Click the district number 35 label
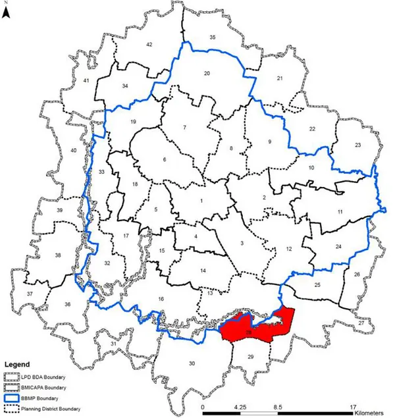point(212,38)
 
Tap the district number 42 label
point(149,44)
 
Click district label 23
point(358,145)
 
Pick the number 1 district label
point(202,200)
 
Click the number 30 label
point(192,364)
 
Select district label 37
point(29,293)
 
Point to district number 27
point(361,323)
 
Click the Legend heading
point(19,363)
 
